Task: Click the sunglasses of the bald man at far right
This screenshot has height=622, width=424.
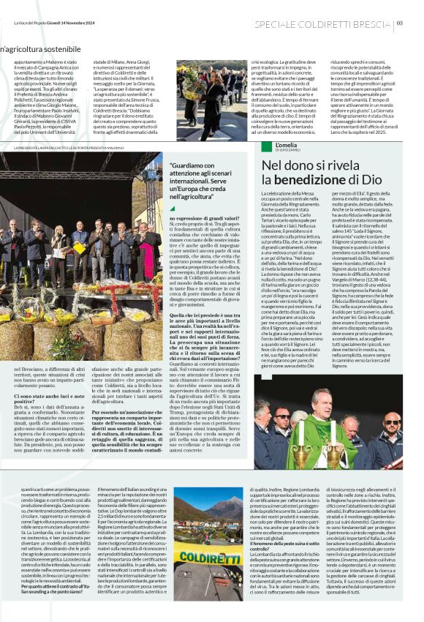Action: (x=390, y=423)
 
